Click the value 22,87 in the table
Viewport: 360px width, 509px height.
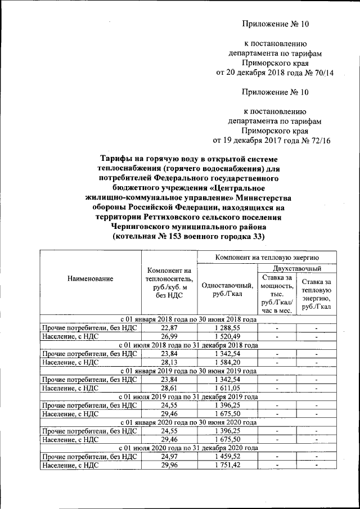point(169,327)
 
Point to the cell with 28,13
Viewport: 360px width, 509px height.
point(169,363)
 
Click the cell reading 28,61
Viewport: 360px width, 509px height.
point(169,388)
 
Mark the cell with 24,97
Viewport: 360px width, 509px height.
point(169,456)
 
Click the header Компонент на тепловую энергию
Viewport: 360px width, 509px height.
point(267,257)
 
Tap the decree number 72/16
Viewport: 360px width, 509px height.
point(318,141)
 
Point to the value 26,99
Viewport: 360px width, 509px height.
point(169,336)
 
